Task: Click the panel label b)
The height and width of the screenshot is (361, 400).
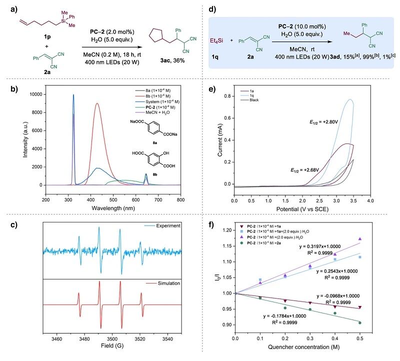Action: [9, 90]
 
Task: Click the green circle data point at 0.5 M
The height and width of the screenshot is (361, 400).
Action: [359, 322]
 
